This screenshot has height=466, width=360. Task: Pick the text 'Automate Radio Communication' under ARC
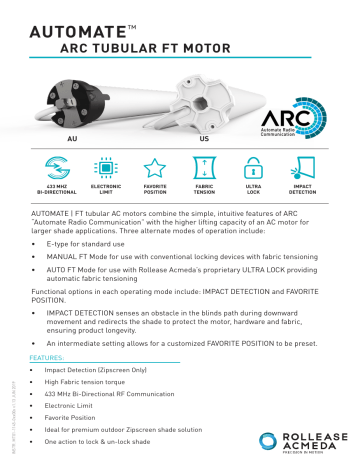coord(304,131)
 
